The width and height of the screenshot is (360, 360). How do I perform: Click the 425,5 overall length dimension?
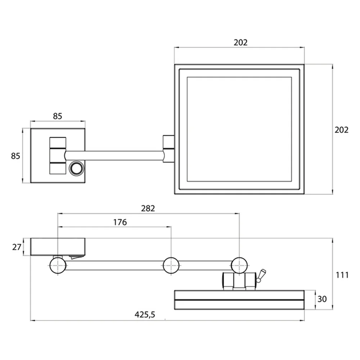[x=145, y=315]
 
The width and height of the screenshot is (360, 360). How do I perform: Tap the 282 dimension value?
[x=148, y=208]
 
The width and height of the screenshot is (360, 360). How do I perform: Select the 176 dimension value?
[x=120, y=222]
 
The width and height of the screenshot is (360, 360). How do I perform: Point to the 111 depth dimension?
[x=342, y=275]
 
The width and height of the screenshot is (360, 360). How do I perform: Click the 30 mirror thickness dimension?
[x=322, y=299]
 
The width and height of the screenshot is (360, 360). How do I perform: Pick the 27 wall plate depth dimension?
[x=17, y=247]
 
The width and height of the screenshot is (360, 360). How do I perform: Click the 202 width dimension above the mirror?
[x=240, y=42]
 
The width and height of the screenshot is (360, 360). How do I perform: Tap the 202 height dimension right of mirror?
[x=341, y=130]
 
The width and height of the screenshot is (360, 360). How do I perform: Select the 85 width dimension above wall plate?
[x=58, y=116]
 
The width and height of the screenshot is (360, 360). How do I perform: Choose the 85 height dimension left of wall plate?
[x=15, y=156]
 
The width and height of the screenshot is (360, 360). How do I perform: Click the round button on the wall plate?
[x=77, y=168]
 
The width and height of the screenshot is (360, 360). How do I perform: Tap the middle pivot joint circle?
[x=171, y=265]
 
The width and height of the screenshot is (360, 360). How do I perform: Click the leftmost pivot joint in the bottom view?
[x=58, y=265]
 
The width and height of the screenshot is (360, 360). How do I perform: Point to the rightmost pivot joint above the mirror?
[x=239, y=265]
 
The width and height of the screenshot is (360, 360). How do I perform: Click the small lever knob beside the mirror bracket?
[x=261, y=276]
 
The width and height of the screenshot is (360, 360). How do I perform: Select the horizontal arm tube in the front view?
[x=115, y=156]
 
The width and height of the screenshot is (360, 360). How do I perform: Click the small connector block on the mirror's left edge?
[x=168, y=149]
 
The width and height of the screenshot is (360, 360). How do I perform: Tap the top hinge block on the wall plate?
[x=58, y=143]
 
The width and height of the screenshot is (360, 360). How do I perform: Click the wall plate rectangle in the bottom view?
[x=58, y=247]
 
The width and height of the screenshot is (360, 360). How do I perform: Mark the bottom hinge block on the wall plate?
[x=58, y=168]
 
